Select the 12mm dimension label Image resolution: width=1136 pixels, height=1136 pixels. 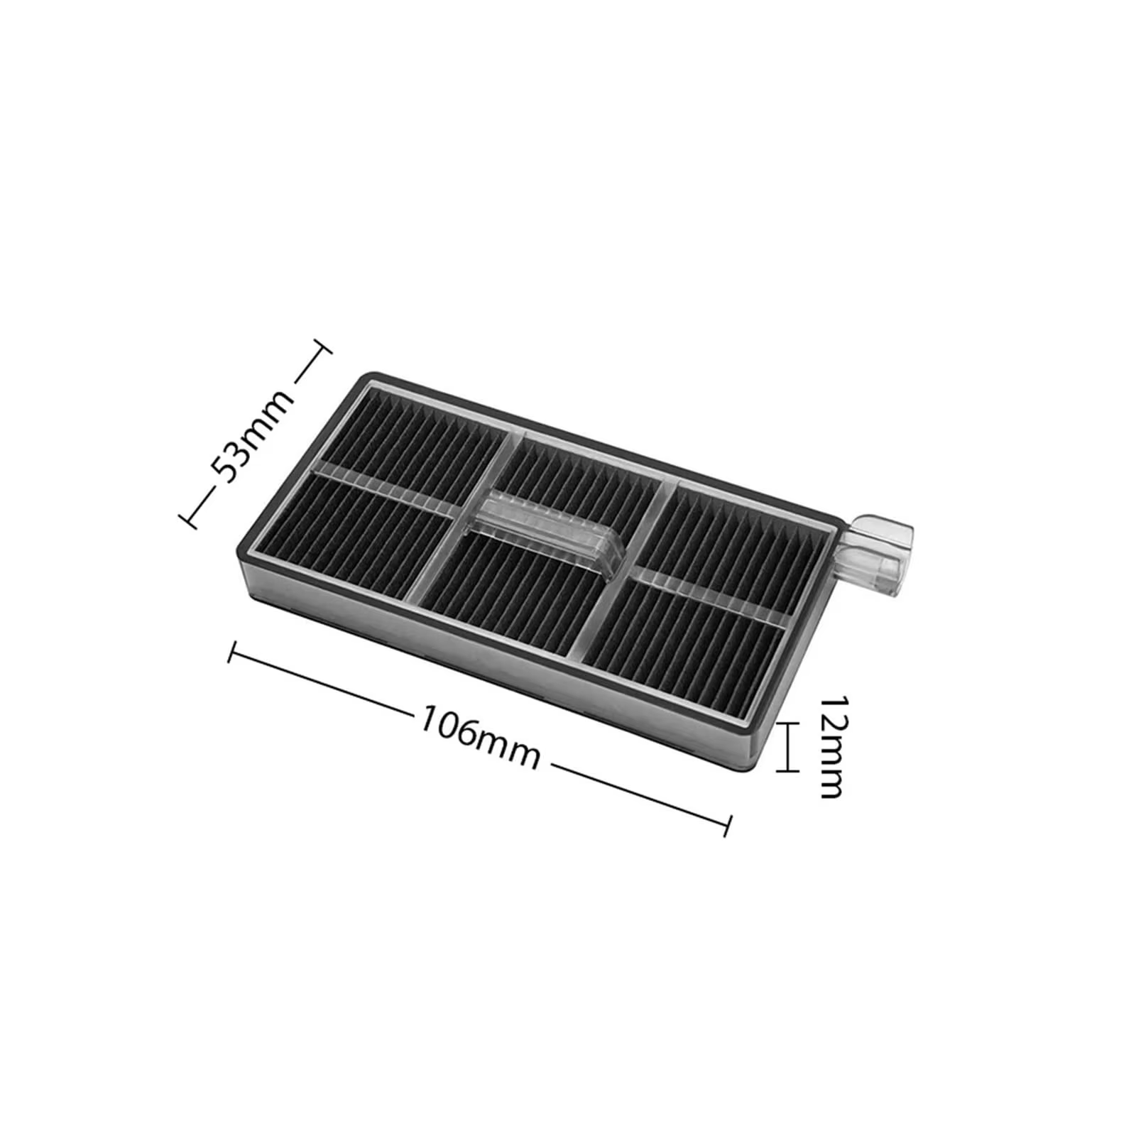point(831,746)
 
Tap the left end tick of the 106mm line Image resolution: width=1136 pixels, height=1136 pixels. point(231,652)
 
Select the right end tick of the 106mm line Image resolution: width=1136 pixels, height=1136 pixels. point(726,824)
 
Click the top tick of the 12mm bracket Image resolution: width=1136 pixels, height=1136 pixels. point(788,723)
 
